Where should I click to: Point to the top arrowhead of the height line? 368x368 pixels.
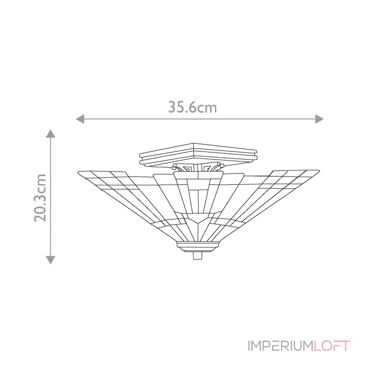pos(51,134)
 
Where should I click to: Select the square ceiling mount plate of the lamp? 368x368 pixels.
pos(197,154)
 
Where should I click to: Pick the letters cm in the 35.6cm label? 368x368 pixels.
pos(208,108)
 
